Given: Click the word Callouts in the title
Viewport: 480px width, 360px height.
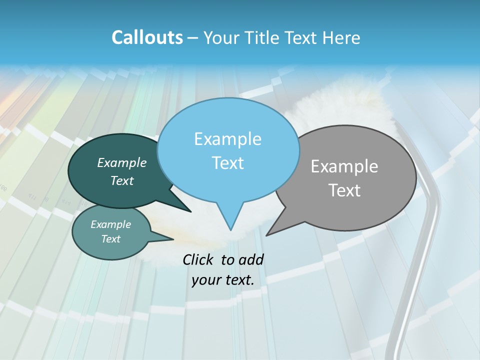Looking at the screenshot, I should [147, 37].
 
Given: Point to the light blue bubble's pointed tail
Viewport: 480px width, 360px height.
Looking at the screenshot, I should [230, 220].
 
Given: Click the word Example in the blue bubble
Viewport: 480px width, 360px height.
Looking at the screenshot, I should [227, 139].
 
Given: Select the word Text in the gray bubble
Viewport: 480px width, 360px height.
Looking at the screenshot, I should [344, 190].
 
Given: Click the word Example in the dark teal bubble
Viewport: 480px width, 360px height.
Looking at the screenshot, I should [122, 162].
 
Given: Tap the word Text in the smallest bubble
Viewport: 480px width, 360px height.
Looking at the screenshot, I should [111, 239].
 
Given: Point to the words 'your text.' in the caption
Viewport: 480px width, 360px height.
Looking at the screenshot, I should [223, 280].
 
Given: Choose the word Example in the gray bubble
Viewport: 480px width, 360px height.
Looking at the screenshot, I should [344, 166].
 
